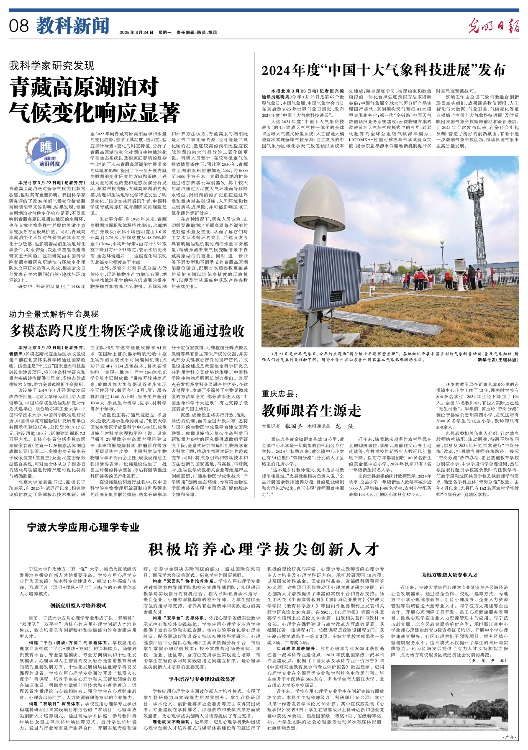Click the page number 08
[18, 26]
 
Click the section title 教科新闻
[72, 26]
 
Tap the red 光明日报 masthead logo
[493, 26]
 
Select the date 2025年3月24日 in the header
[136, 32]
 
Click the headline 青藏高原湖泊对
[85, 87]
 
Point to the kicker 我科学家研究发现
[52, 65]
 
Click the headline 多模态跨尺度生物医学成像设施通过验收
[127, 331]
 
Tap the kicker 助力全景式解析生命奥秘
[54, 313]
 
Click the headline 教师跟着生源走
[311, 411]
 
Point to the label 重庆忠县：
[279, 393]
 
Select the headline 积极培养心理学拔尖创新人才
[264, 548]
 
